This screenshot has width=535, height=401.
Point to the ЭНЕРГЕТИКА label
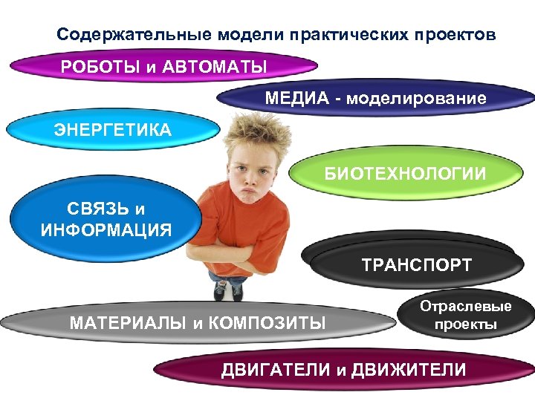112,130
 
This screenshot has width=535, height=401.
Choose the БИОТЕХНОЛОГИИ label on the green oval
405,174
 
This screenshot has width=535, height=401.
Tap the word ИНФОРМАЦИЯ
106,229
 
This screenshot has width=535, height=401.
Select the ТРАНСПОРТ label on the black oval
416,265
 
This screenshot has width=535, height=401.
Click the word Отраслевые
466,307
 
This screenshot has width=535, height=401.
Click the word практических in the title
351,34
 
